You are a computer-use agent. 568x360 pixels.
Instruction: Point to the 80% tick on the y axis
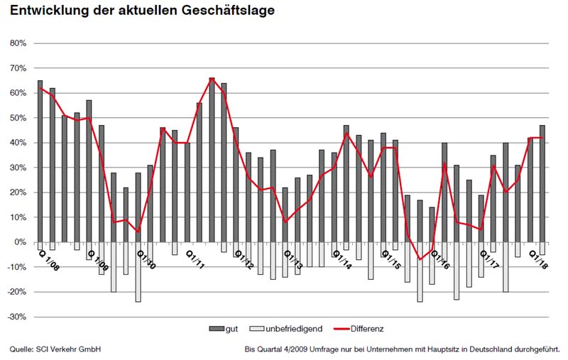17,43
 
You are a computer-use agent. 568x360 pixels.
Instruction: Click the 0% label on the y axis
20,242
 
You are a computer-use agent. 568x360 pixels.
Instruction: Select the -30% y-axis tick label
16,317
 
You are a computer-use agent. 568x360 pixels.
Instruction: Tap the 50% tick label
17,118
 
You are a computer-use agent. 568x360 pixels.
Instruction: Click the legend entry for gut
226,329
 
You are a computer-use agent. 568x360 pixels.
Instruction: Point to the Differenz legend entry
366,329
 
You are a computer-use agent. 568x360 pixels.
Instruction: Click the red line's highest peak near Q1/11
212,79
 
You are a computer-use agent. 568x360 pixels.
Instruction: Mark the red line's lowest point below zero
420,259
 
